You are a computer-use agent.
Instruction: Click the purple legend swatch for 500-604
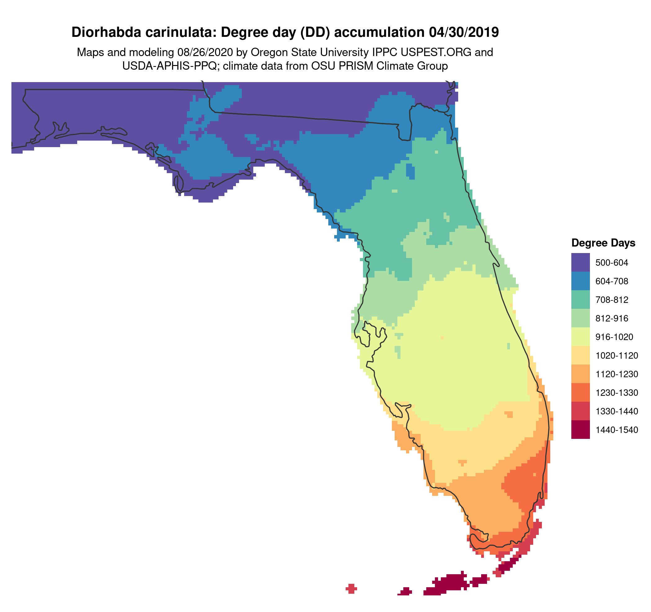point(580,262)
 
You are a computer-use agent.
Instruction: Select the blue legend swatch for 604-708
point(580,281)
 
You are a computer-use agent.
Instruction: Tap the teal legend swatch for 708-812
point(580,299)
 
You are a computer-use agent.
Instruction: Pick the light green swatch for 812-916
point(580,318)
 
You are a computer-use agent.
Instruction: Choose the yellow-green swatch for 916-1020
point(580,337)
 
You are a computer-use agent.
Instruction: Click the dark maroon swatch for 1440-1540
point(580,430)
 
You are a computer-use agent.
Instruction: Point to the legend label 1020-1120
point(617,356)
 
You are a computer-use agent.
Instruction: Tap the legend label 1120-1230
point(617,374)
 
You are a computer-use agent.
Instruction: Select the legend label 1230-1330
point(617,392)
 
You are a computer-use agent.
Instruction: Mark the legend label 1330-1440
point(617,411)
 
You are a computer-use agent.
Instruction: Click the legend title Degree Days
point(603,243)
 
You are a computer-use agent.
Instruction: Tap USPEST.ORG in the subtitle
point(440,52)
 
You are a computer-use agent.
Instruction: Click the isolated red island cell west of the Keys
point(351,588)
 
